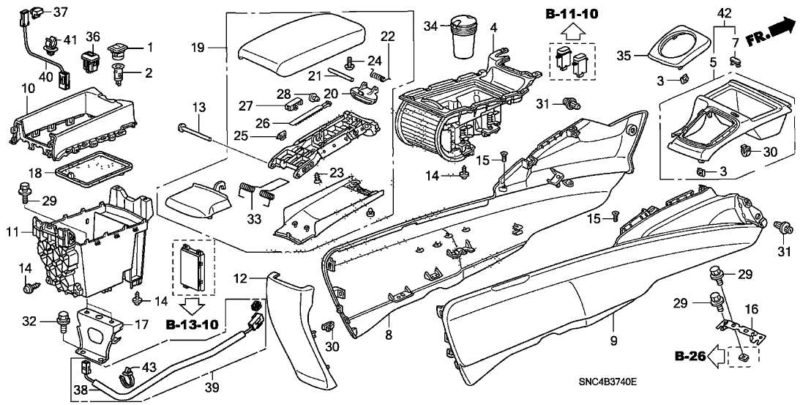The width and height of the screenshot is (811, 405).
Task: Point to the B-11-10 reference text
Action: (571, 14)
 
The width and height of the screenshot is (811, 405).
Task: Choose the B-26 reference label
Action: (690, 357)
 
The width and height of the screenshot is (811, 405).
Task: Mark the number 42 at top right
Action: (723, 13)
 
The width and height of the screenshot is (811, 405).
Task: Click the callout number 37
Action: (60, 12)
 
